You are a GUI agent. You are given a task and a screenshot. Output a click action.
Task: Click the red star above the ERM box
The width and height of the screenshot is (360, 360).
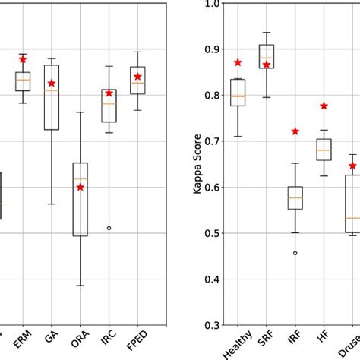pyautogui.click(x=23, y=58)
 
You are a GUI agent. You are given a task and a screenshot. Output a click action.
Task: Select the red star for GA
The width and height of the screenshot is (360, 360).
pyautogui.click(x=52, y=83)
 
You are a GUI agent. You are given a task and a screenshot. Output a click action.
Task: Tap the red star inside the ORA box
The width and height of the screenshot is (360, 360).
pyautogui.click(x=81, y=186)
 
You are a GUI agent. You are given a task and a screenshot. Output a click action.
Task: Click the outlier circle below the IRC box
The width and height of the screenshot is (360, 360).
pyautogui.click(x=109, y=228)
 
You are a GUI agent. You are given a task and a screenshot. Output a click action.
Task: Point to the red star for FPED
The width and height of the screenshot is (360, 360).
pyautogui.click(x=137, y=76)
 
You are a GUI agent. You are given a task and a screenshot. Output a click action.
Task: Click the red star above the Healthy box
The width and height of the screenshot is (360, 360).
pyautogui.click(x=238, y=62)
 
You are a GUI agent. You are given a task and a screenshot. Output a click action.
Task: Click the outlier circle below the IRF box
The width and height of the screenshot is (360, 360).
pyautogui.click(x=295, y=252)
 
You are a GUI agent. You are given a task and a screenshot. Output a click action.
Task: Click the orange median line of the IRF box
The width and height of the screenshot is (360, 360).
pyautogui.click(x=295, y=197)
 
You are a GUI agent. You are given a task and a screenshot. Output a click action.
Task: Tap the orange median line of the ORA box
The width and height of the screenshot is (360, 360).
pyautogui.click(x=81, y=178)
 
